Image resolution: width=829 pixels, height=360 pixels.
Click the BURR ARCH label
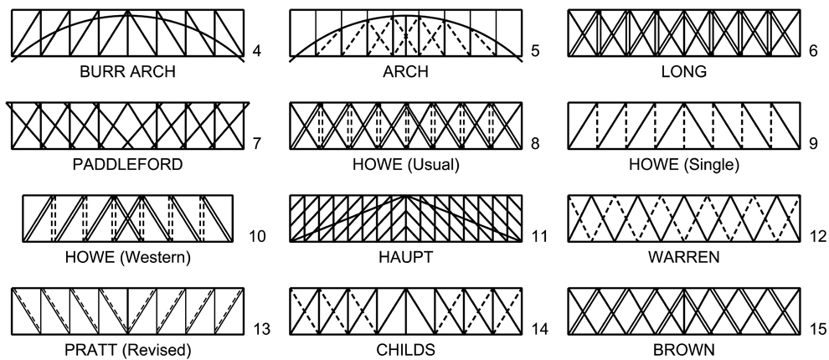pos(127,72)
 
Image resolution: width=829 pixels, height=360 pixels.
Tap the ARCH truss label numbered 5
pos(405,72)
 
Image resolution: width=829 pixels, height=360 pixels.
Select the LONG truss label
pos(683,72)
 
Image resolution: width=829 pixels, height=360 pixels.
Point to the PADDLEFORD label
pos(127,164)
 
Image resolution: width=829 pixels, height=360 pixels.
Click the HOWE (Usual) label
pos(405,164)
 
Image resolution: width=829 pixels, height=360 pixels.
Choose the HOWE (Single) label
pos(683,164)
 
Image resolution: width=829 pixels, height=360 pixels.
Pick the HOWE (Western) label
pos(127,256)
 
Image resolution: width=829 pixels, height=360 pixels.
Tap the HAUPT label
pos(405,256)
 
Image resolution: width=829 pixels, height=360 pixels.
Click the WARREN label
pos(683,256)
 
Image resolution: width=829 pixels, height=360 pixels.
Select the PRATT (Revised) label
pos(127,348)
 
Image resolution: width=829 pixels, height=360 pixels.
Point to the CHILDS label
pos(405,348)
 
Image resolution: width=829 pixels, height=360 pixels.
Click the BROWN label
pos(683,348)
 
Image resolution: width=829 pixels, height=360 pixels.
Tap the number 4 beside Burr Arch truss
pos(257,52)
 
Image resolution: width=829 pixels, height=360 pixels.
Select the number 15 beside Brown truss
pos(816,328)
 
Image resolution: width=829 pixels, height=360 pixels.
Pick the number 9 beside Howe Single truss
pos(813,144)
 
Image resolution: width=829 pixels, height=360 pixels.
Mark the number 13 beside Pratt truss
pos(261,328)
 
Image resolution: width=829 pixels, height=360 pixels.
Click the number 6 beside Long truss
pos(813,52)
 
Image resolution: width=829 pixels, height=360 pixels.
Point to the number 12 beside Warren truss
pos(816,236)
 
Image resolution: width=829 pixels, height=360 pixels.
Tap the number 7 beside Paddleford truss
pos(257,144)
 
